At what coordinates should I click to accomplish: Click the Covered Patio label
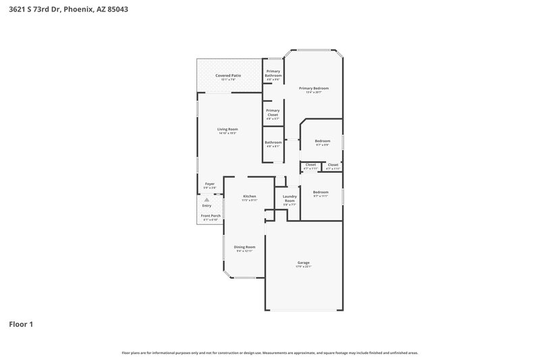228,76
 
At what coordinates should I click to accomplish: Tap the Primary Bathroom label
273,73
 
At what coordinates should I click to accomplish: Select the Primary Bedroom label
314,88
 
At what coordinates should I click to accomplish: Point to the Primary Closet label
273,113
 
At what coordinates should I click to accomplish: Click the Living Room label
227,129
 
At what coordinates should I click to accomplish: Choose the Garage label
304,262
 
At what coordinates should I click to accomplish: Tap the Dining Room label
244,247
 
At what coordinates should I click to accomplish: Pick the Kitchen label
250,196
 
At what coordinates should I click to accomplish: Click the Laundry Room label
289,199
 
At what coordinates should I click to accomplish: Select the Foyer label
210,184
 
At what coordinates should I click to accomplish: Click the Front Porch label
211,215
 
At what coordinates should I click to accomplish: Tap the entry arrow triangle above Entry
207,201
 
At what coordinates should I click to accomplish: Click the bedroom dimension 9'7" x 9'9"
322,145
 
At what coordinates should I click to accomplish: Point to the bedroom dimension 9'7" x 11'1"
321,196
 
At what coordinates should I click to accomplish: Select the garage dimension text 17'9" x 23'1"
304,267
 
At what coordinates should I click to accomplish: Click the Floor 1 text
21,324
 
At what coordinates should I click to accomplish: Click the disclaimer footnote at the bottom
270,353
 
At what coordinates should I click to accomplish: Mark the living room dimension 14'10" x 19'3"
227,133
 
